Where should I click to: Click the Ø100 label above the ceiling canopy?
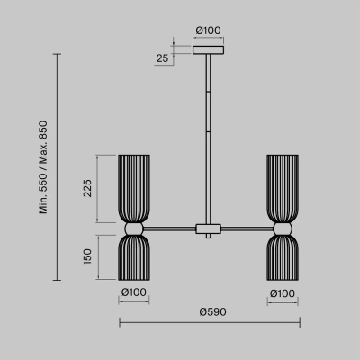tap(208, 31)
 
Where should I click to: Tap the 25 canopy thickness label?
tap(162, 58)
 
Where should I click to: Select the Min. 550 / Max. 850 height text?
tap(43, 167)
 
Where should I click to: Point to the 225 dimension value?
tap(87, 188)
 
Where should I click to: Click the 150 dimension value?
tap(87, 256)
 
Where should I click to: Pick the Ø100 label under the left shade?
tap(134, 292)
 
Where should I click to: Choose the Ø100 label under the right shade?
tap(283, 293)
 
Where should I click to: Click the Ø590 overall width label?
tap(212, 312)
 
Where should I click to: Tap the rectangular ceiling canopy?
tap(208, 50)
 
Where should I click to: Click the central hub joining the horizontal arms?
tap(208, 229)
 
